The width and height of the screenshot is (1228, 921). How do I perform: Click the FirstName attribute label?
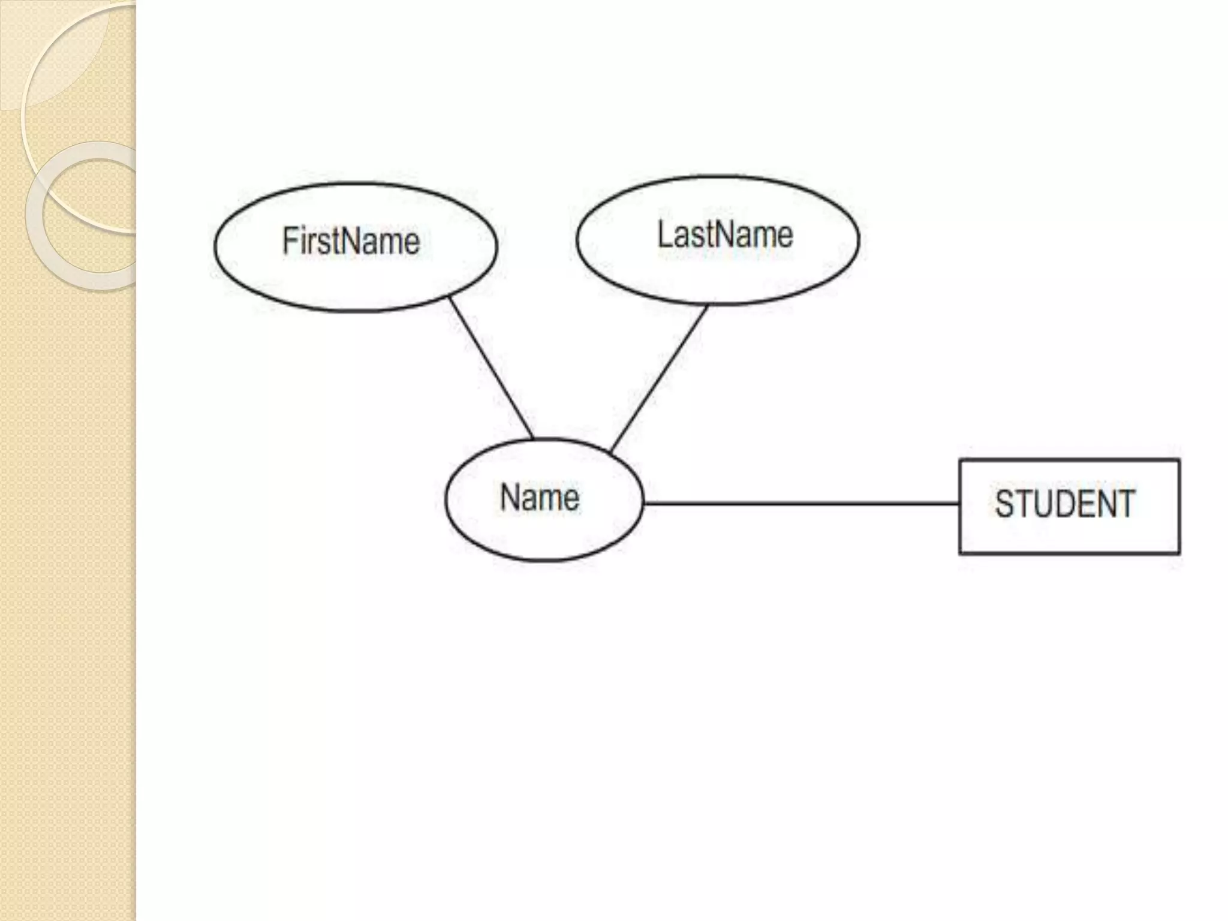tap(351, 242)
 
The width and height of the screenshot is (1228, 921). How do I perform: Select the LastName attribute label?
tap(725, 234)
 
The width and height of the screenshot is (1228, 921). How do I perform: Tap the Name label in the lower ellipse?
tap(540, 498)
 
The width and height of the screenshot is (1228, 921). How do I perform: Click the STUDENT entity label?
tap(1065, 504)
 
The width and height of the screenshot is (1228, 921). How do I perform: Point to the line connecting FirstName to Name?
tap(492, 368)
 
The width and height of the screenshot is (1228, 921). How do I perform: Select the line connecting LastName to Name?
tap(658, 379)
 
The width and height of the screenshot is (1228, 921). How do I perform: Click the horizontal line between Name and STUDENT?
tap(800, 504)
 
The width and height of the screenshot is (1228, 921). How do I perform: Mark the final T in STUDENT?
tap(1125, 504)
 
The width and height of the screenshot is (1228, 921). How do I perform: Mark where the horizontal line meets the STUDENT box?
tap(959, 504)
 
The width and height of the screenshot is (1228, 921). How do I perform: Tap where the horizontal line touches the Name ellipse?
tap(643, 503)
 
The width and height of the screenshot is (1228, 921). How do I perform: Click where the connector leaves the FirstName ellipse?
tap(450, 297)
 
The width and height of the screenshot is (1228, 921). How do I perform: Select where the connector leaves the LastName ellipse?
tap(708, 306)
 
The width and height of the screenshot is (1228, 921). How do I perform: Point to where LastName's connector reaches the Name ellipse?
tap(610, 452)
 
